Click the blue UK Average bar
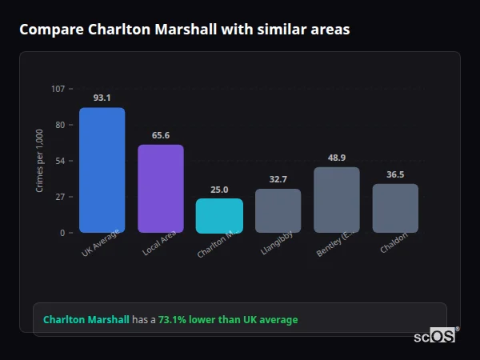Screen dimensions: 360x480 (102, 170)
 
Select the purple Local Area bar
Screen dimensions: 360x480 (161, 189)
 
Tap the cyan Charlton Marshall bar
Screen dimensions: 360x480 (219, 216)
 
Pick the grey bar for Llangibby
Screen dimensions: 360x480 (278, 211)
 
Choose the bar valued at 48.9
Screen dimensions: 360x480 (337, 200)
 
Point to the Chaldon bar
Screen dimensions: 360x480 (395, 209)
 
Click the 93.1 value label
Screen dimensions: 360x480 (102, 98)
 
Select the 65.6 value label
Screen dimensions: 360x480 (161, 135)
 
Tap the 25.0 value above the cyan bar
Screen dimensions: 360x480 (219, 190)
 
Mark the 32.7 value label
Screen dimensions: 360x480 (278, 179)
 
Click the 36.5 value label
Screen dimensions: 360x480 (395, 174)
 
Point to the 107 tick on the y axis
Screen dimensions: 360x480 (58, 89)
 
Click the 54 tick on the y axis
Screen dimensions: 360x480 (60, 161)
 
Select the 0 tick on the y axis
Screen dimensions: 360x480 (62, 233)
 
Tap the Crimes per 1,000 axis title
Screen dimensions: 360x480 (40, 160)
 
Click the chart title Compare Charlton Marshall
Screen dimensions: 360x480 (184, 30)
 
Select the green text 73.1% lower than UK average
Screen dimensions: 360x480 (228, 319)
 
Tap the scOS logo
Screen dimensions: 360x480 (434, 336)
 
